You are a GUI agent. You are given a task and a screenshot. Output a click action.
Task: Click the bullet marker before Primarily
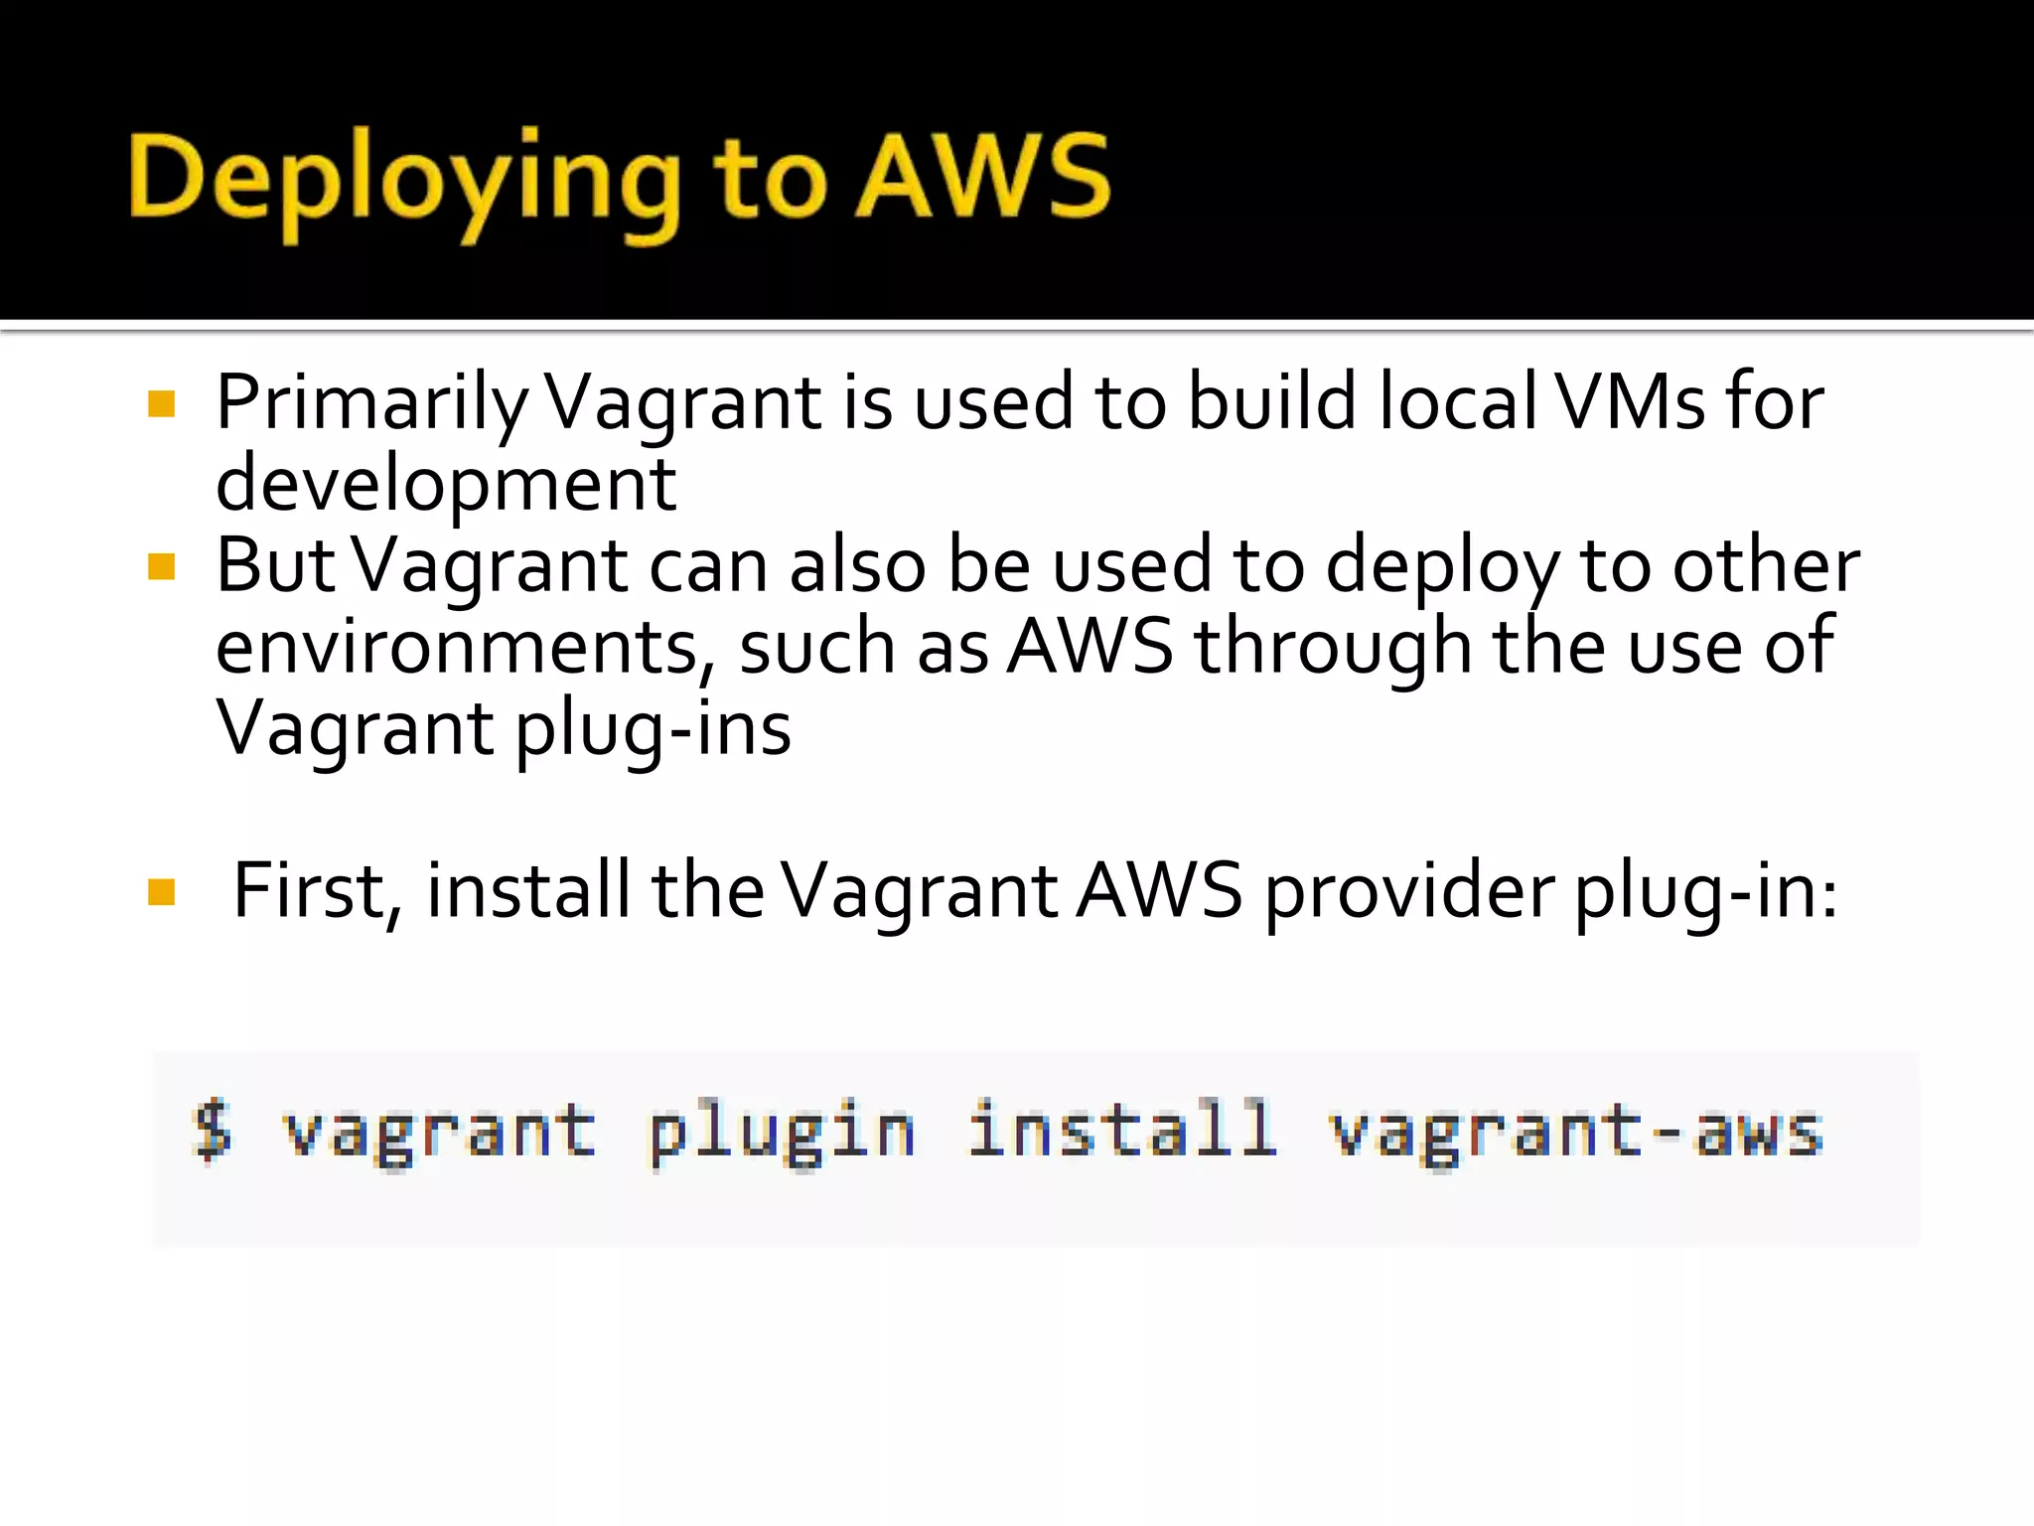click(161, 404)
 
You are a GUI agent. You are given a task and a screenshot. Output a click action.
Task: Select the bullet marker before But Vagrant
click(161, 567)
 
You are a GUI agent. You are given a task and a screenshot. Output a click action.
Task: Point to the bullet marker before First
click(161, 892)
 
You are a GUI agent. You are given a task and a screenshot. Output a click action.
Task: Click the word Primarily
click(372, 404)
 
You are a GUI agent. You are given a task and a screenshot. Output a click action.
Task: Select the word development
click(446, 485)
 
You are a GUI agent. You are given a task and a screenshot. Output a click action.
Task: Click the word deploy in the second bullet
click(1443, 567)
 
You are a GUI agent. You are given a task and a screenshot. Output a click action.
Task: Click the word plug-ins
click(653, 729)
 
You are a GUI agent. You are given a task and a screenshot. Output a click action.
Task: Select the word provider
click(1409, 891)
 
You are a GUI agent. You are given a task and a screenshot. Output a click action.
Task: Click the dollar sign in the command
click(213, 1130)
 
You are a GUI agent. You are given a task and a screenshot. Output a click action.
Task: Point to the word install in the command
click(1122, 1130)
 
